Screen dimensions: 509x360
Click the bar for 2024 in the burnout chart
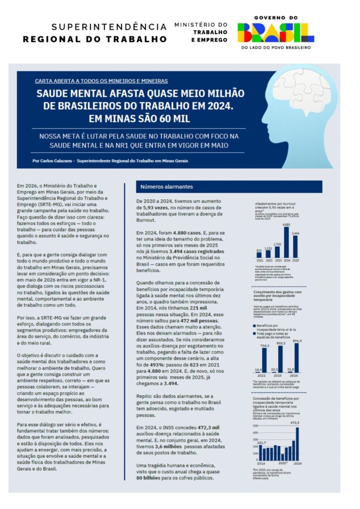coord(286,242)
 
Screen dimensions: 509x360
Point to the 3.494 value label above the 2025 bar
coord(295,233)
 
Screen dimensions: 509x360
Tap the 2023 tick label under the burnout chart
coord(277,260)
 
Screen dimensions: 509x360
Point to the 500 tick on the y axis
coord(256,426)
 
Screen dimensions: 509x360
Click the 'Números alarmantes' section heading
coord(159,187)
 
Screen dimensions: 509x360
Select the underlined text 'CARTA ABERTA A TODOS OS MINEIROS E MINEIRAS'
coord(101,81)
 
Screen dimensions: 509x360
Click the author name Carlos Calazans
coord(60,161)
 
